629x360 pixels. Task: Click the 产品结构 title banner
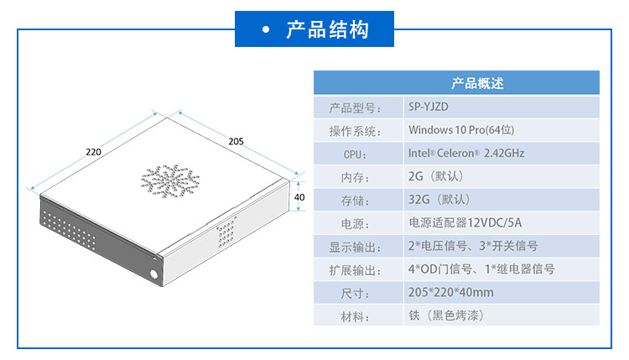pyautogui.click(x=314, y=29)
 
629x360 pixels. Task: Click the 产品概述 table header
pyautogui.click(x=477, y=83)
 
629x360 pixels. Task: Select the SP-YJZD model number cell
pyautogui.click(x=429, y=107)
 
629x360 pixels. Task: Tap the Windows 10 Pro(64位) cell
pyautogui.click(x=461, y=130)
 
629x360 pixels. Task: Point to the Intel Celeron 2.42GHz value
pyautogui.click(x=466, y=153)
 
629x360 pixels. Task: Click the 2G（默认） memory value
pyautogui.click(x=435, y=176)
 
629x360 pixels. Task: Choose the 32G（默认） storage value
pyautogui.click(x=439, y=200)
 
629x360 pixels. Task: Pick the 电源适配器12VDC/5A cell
pyautogui.click(x=465, y=222)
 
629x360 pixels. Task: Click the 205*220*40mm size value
pyautogui.click(x=451, y=292)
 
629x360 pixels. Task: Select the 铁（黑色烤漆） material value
pyautogui.click(x=446, y=316)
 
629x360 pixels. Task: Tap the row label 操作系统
pyautogui.click(x=355, y=131)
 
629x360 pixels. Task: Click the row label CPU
pyautogui.click(x=355, y=154)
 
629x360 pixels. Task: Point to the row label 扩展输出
pyautogui.click(x=355, y=270)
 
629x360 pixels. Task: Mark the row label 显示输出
pyautogui.click(x=355, y=248)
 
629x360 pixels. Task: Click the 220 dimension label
pyautogui.click(x=93, y=152)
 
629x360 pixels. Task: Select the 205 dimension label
pyautogui.click(x=236, y=141)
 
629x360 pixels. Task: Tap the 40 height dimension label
pyautogui.click(x=299, y=197)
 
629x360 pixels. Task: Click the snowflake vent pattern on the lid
pyautogui.click(x=169, y=181)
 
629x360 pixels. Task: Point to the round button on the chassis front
pyautogui.click(x=153, y=274)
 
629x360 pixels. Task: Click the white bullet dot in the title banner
pyautogui.click(x=266, y=29)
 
